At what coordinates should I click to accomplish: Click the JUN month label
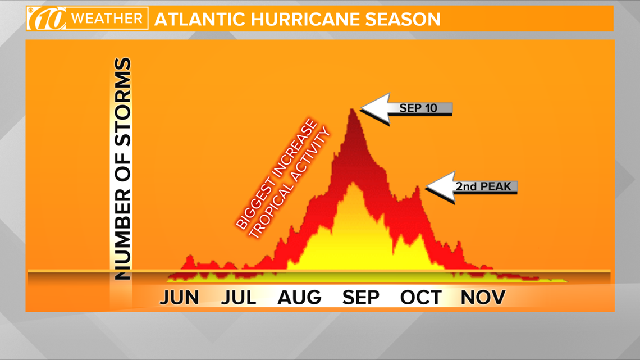tap(179, 298)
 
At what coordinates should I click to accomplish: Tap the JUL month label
tap(239, 298)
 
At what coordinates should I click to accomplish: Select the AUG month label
tap(299, 298)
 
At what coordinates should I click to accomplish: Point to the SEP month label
tap(361, 298)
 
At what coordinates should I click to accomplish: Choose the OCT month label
tap(421, 298)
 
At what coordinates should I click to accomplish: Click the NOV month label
tap(483, 298)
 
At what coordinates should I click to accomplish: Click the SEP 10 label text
tap(418, 108)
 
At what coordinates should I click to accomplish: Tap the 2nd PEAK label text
tap(483, 186)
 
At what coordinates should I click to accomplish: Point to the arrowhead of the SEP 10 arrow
tap(362, 108)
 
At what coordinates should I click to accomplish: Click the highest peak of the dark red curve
tap(352, 110)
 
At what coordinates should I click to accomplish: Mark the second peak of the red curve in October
tap(418, 187)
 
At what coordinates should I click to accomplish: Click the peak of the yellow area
tap(352, 184)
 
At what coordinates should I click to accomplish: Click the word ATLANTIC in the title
tap(200, 19)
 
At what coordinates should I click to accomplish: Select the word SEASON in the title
tap(403, 19)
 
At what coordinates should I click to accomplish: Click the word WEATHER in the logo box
tap(107, 19)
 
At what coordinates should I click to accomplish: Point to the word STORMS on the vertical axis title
tap(122, 102)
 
